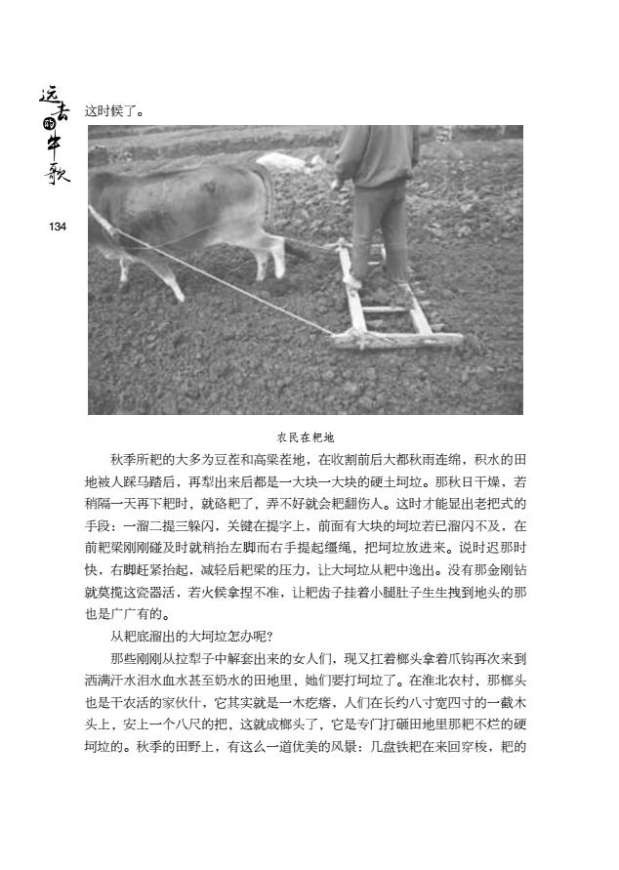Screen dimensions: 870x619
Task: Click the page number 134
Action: pos(56,227)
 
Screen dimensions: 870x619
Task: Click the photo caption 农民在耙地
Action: pos(307,437)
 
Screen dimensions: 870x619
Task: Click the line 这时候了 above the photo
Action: pos(115,111)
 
